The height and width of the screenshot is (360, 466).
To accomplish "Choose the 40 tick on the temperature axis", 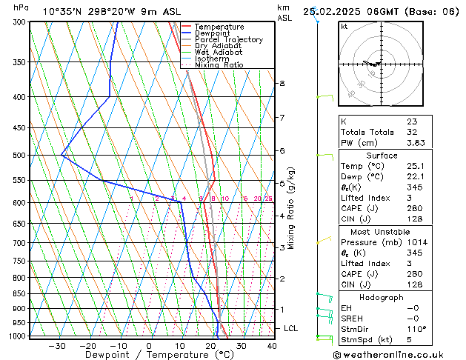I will [x=272, y=346].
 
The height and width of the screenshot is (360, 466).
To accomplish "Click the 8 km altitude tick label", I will [x=282, y=84].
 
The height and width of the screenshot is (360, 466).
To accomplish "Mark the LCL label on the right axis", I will [x=291, y=328].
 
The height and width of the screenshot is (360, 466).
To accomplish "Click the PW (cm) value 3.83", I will [x=416, y=143].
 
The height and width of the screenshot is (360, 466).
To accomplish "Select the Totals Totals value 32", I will [x=411, y=132].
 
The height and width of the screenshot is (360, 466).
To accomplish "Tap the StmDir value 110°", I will [x=416, y=329].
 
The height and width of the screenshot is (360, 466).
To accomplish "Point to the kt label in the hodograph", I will [x=344, y=27].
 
